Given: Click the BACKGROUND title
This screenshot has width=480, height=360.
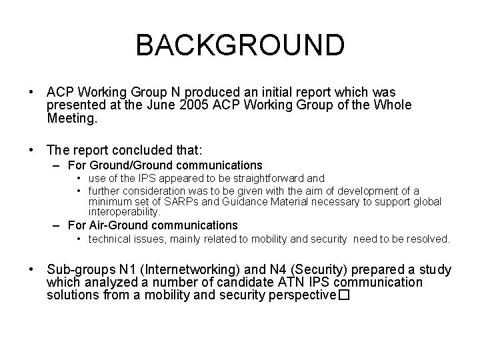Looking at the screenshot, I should click(x=240, y=45).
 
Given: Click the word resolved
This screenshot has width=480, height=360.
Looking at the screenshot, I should click(x=432, y=239).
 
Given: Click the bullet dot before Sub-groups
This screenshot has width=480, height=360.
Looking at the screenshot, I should click(x=31, y=270).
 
